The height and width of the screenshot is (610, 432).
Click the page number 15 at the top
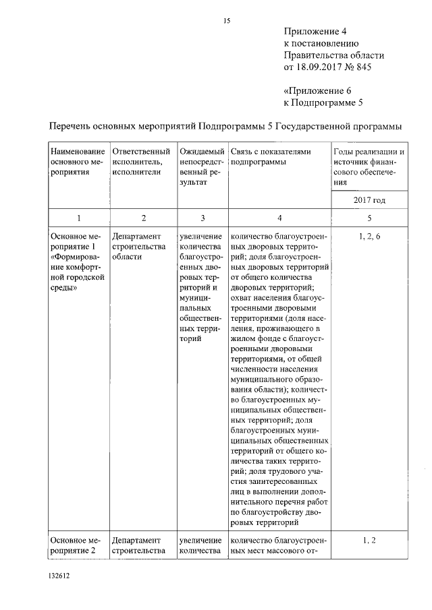click(x=227, y=21)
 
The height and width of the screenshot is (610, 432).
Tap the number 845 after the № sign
click(x=362, y=67)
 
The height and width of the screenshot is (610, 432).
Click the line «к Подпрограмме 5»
click(x=323, y=102)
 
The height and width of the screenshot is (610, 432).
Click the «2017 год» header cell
click(x=369, y=200)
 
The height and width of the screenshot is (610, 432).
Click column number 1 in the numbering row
click(x=79, y=218)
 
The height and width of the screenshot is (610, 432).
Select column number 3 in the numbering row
click(x=202, y=218)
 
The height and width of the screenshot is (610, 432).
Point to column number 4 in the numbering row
click(x=279, y=218)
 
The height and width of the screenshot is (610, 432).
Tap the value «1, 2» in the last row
click(x=369, y=540)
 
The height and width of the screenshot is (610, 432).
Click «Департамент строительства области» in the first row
click(x=139, y=247)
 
